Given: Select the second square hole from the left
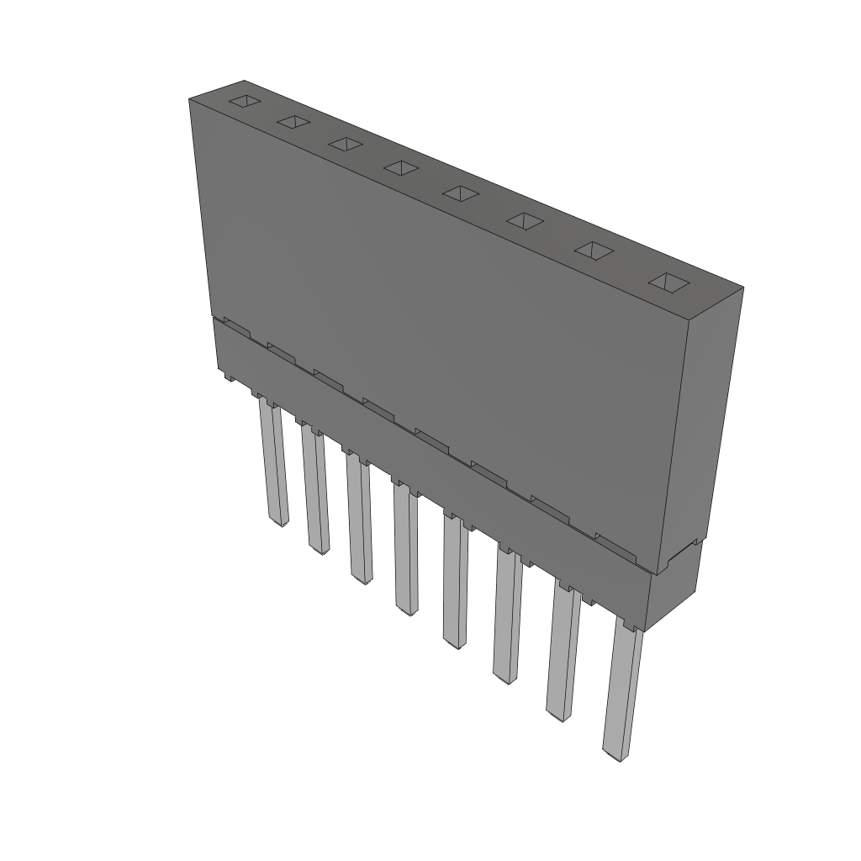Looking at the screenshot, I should pos(293,122).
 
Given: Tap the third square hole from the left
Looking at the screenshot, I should pos(345,144).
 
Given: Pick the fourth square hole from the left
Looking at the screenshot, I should pos(401,168).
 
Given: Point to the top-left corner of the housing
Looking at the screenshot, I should pos(190,99).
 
